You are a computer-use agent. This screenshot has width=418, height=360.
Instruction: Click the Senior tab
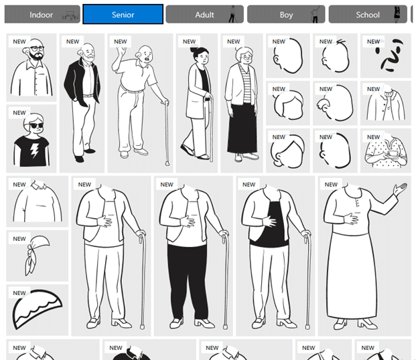(123, 14)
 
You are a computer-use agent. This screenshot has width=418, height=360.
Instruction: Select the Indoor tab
(42, 14)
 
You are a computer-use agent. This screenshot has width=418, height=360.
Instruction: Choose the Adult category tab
(204, 14)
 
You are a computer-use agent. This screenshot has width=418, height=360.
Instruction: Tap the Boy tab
(286, 14)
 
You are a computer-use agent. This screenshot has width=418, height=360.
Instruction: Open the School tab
(368, 14)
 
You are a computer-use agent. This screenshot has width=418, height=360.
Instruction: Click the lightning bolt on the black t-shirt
(34, 151)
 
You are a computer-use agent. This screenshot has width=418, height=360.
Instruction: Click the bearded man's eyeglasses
(37, 49)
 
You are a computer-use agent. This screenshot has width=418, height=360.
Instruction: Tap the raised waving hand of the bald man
(121, 51)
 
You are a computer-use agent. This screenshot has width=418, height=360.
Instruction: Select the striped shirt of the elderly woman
(245, 85)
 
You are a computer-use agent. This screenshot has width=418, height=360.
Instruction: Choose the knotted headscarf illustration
(37, 254)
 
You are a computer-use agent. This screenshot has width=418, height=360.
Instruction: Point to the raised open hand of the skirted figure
(400, 188)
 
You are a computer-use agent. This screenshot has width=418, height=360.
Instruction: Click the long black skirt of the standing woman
(242, 128)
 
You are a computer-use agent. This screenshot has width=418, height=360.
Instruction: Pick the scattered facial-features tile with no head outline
(389, 56)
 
